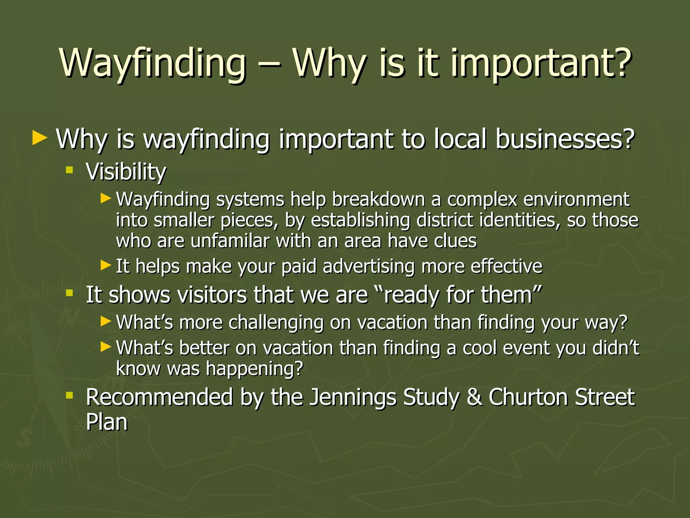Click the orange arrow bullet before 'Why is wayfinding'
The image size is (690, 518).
pyautogui.click(x=40, y=139)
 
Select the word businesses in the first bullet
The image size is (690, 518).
pyautogui.click(x=565, y=139)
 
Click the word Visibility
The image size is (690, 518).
pyautogui.click(x=126, y=172)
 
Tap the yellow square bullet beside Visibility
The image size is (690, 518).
pyautogui.click(x=70, y=170)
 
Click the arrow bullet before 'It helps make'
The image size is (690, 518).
pyautogui.click(x=106, y=265)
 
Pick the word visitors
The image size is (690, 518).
pyautogui.click(x=212, y=295)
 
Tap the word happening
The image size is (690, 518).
pyautogui.click(x=254, y=369)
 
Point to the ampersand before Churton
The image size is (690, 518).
pyautogui.click(x=474, y=397)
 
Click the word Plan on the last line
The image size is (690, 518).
pyautogui.click(x=107, y=422)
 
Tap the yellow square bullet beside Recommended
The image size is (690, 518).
pyautogui.click(x=70, y=395)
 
